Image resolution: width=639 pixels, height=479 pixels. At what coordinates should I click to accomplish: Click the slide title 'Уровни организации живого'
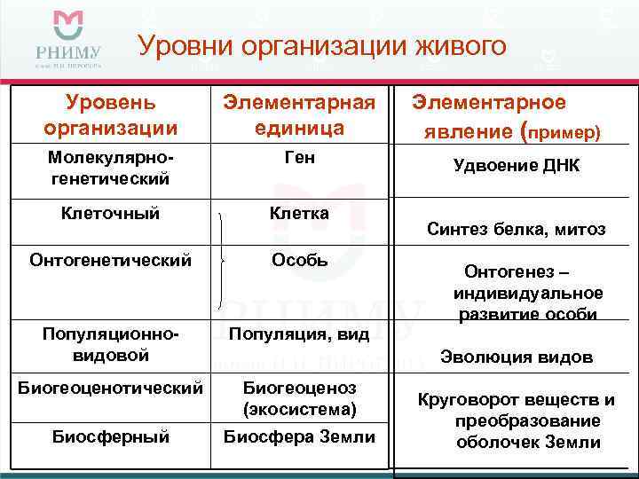click(x=321, y=45)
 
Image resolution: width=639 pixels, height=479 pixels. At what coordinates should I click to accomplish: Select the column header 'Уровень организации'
click(x=111, y=115)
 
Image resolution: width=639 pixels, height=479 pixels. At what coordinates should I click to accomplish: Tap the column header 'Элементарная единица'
click(x=299, y=115)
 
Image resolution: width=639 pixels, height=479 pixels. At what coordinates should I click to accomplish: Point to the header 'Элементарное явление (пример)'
click(x=503, y=117)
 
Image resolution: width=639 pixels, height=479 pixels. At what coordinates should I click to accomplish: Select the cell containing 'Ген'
click(x=299, y=158)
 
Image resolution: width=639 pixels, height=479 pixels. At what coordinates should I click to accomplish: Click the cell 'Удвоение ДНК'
click(x=516, y=165)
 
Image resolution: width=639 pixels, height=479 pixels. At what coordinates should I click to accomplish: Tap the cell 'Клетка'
click(x=299, y=213)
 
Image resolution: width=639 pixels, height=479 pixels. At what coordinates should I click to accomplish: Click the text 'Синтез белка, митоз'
click(x=516, y=230)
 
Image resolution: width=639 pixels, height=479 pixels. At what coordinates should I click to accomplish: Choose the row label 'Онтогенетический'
click(x=111, y=261)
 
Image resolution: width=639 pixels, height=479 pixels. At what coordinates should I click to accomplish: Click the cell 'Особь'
click(x=299, y=261)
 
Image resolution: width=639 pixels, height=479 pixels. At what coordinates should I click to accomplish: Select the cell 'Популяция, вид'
click(x=299, y=334)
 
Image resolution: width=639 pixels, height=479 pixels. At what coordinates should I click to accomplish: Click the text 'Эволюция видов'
click(x=516, y=357)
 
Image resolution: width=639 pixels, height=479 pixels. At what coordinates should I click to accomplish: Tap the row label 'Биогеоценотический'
click(x=111, y=389)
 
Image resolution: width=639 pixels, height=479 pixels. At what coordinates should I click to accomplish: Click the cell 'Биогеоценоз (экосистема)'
click(x=299, y=398)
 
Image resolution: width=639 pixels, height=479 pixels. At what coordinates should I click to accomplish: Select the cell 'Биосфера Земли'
click(x=299, y=436)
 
